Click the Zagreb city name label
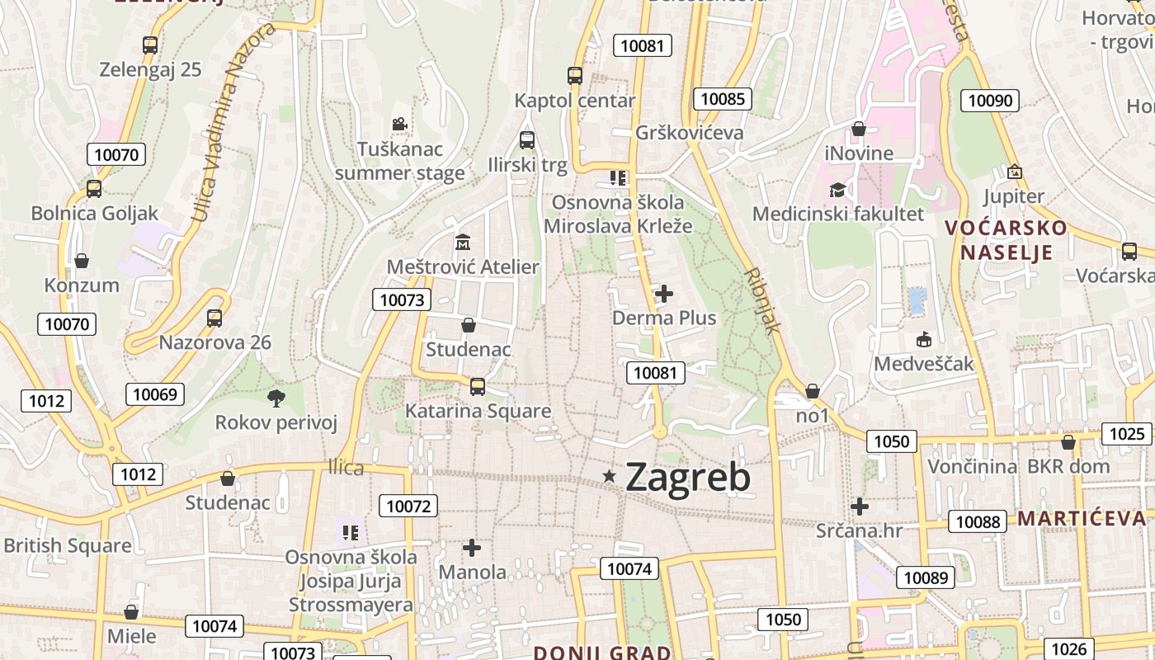pos(687,477)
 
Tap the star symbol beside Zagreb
pos(610,475)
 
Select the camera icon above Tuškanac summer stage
pos(399,125)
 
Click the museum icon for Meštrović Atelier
pos(462,243)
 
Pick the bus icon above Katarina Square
pos(477,386)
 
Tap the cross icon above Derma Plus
pos(664,293)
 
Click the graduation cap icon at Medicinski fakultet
pos(837,190)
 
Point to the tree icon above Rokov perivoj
pos(276,398)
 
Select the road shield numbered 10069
pos(155,394)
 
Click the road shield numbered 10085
pos(723,99)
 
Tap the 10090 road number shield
pos(990,101)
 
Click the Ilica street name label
pos(346,468)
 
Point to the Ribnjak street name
pos(761,300)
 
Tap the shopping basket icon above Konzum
pos(82,262)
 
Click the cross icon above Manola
pos(472,547)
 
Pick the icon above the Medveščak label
pos(924,339)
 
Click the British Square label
pos(68,545)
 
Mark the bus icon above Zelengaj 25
pos(150,45)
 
